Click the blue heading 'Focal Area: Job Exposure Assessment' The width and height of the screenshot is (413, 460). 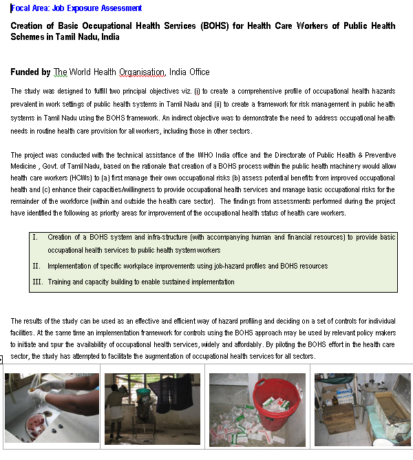click(x=76, y=8)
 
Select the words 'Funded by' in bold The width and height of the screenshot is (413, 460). click(x=30, y=72)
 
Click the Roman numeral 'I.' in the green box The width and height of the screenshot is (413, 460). click(x=36, y=237)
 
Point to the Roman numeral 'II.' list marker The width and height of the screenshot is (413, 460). click(x=36, y=266)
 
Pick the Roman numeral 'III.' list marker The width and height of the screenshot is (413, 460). click(x=38, y=282)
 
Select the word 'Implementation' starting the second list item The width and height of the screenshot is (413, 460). click(x=72, y=266)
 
